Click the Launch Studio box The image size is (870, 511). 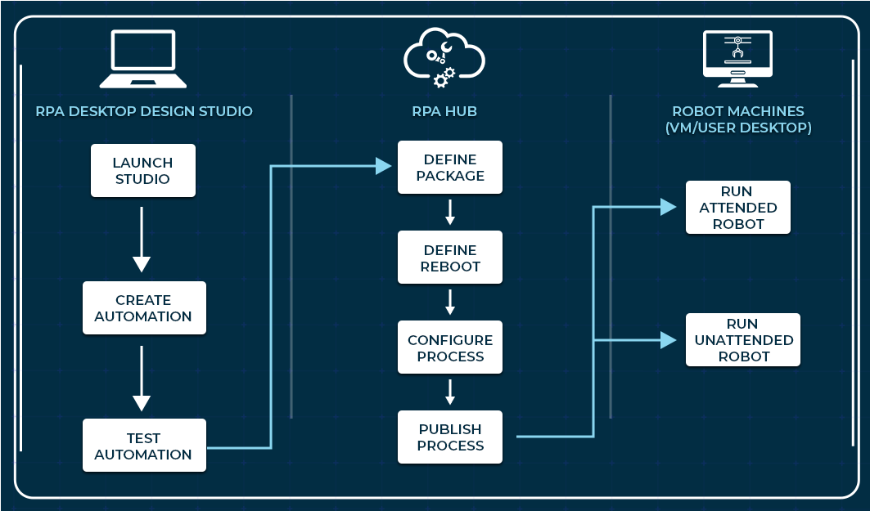(x=143, y=171)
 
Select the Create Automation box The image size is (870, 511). (x=144, y=308)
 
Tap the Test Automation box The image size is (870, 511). (x=144, y=446)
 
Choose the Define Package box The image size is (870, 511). (x=450, y=168)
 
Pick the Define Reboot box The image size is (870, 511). (x=450, y=258)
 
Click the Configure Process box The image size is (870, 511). (x=450, y=347)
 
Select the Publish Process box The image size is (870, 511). (x=450, y=437)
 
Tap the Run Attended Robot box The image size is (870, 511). (x=738, y=208)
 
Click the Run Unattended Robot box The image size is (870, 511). (x=743, y=339)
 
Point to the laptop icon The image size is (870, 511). (x=143, y=59)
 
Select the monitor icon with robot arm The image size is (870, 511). (x=738, y=59)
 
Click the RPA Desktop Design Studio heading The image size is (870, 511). (x=144, y=111)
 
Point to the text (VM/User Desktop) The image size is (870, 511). (x=738, y=128)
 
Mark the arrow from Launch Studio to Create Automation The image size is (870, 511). (x=142, y=240)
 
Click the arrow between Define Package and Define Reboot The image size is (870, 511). (x=450, y=213)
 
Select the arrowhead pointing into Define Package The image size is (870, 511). (x=384, y=167)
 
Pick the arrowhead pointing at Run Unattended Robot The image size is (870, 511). (x=669, y=339)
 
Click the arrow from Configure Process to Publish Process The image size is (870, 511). (x=450, y=392)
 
